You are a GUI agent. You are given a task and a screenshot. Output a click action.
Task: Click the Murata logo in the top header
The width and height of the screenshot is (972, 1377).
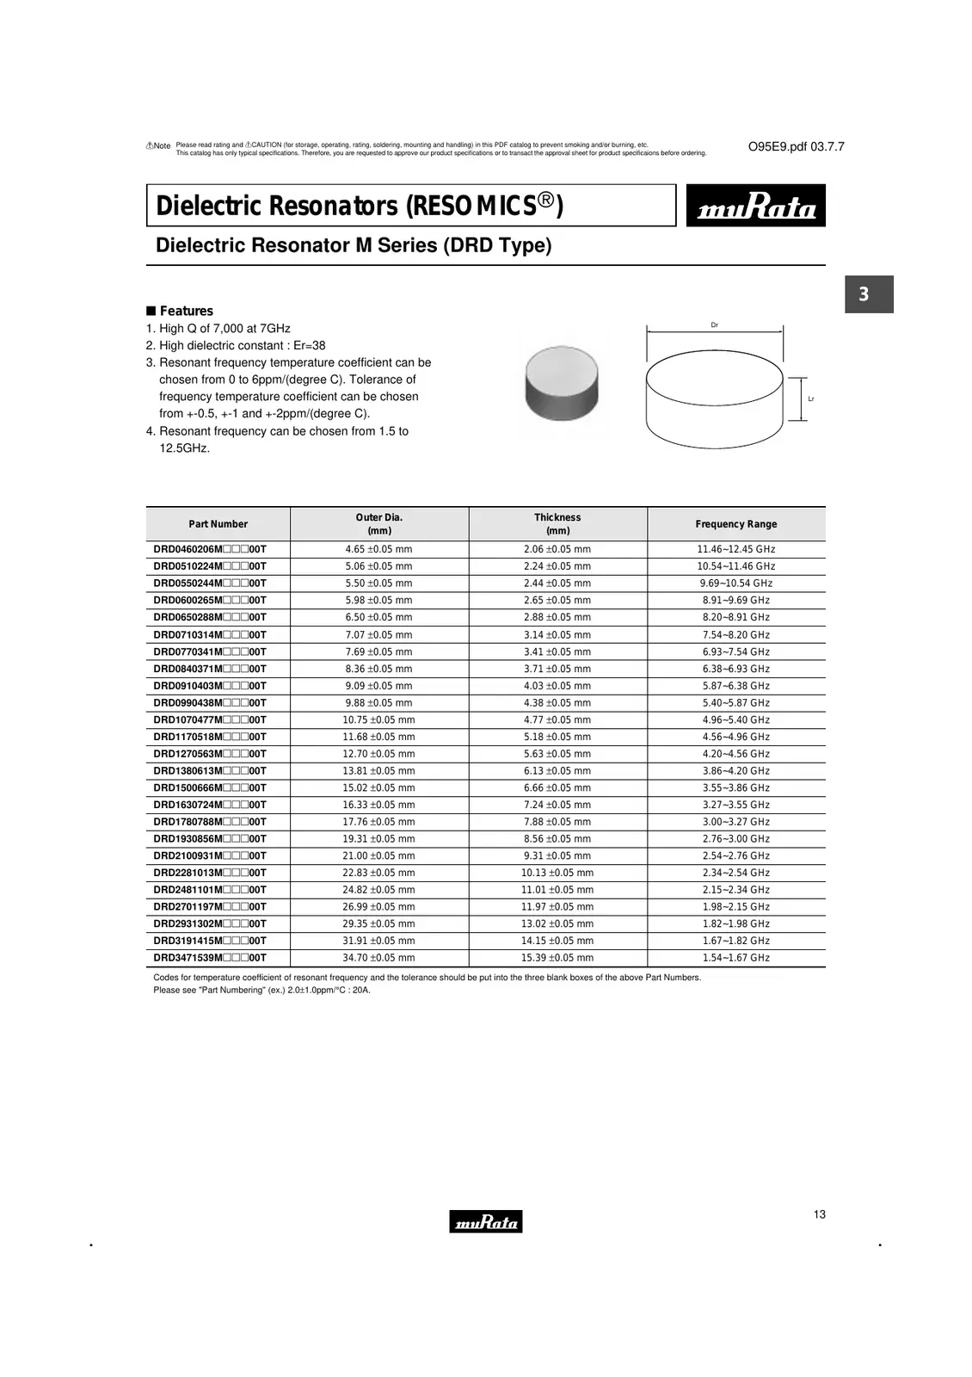pyautogui.click(x=755, y=206)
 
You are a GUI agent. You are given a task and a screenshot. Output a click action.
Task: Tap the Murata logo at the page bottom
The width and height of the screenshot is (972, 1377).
pyautogui.click(x=485, y=1221)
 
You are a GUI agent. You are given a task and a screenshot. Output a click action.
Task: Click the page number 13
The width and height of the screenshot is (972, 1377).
pyautogui.click(x=819, y=1214)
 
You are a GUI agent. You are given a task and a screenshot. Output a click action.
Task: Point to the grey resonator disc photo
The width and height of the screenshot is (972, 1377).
pyautogui.click(x=561, y=383)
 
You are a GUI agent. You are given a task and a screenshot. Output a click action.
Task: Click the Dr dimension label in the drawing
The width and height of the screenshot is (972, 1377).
pyautogui.click(x=715, y=325)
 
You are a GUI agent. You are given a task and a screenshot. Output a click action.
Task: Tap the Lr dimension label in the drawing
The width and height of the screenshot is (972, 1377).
pyautogui.click(x=811, y=399)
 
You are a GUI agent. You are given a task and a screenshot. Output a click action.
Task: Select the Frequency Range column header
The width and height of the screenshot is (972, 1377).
pyautogui.click(x=735, y=524)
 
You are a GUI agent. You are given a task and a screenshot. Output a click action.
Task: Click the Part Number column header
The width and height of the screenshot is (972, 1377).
pyautogui.click(x=218, y=524)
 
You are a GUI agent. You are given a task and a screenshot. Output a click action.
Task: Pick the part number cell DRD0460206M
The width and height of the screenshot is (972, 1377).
pyautogui.click(x=210, y=549)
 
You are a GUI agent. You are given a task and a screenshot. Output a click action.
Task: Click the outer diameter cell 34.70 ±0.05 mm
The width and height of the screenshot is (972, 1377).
pyautogui.click(x=378, y=958)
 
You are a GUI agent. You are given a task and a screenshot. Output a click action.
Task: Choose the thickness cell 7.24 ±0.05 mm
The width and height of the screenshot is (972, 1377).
pyautogui.click(x=557, y=805)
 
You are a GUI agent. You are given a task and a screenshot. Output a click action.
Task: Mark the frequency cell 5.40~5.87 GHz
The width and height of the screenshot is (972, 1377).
pyautogui.click(x=735, y=703)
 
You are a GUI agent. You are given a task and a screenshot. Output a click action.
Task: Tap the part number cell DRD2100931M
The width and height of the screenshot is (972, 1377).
pyautogui.click(x=210, y=855)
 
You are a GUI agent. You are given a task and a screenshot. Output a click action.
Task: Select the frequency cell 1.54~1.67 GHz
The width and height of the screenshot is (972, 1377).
pyautogui.click(x=735, y=958)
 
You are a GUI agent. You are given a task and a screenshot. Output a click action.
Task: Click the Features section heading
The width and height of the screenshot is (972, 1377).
pyautogui.click(x=186, y=311)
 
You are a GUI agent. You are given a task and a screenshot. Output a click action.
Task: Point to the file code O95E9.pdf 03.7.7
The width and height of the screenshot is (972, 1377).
pyautogui.click(x=796, y=147)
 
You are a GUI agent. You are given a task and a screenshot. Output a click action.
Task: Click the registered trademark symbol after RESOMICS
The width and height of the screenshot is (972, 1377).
pyautogui.click(x=546, y=201)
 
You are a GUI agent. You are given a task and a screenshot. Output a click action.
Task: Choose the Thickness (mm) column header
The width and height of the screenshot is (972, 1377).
pyautogui.click(x=557, y=524)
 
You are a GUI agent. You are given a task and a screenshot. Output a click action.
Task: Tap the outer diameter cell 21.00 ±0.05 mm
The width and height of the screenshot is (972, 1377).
pyautogui.click(x=378, y=855)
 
